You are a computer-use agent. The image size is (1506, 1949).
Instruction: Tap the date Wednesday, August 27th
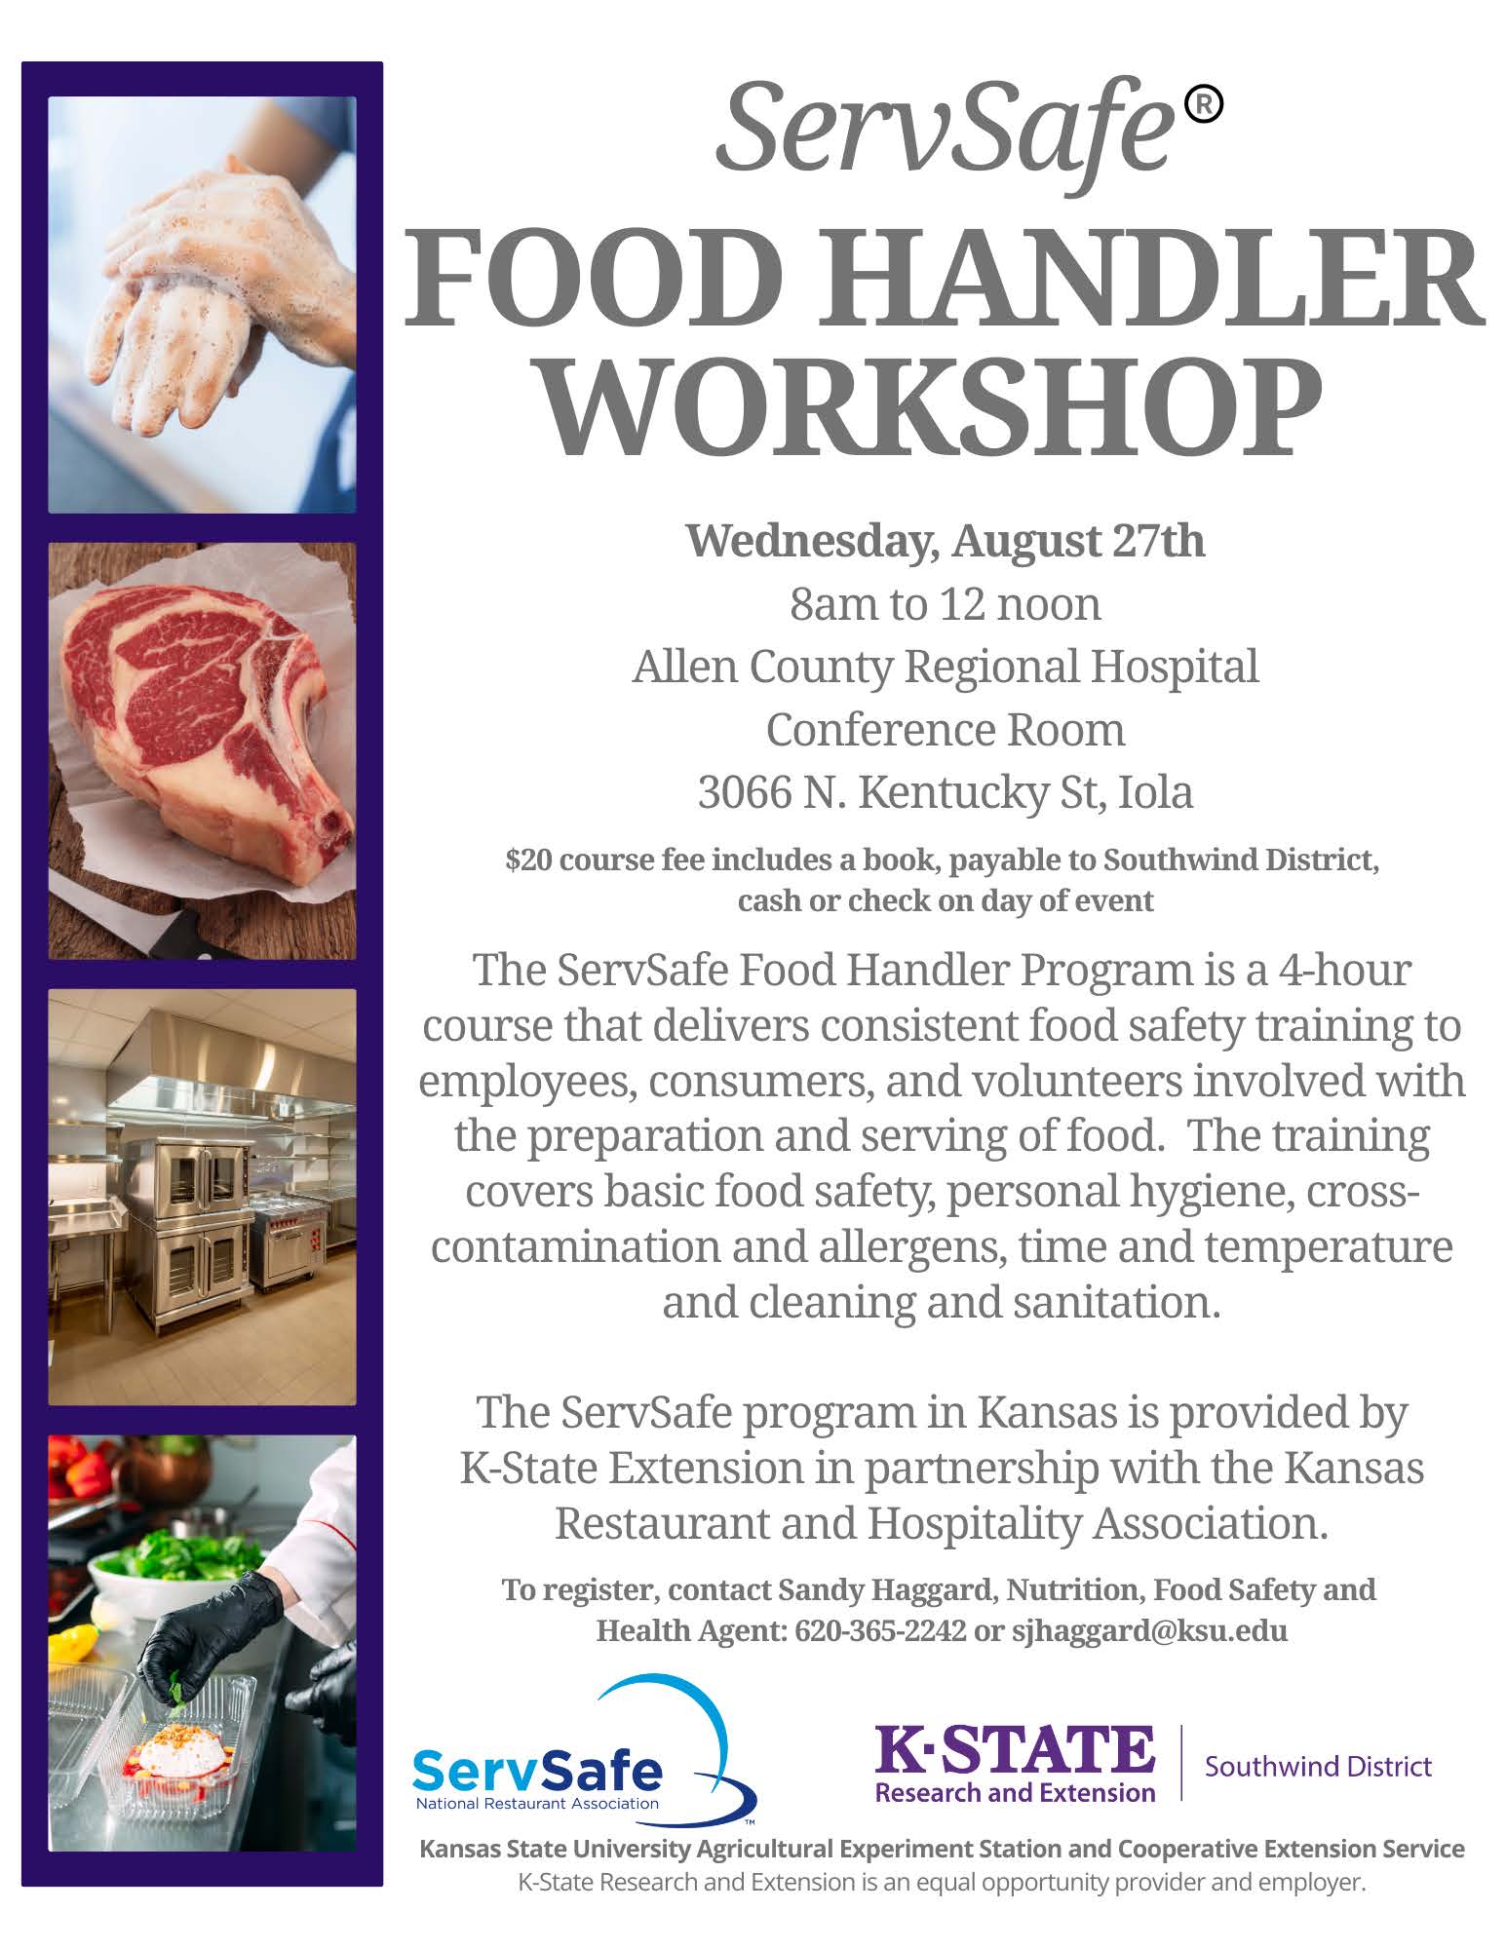click(946, 542)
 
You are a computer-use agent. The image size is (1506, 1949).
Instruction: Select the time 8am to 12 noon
click(946, 604)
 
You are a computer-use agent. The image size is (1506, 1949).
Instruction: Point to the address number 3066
click(741, 793)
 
